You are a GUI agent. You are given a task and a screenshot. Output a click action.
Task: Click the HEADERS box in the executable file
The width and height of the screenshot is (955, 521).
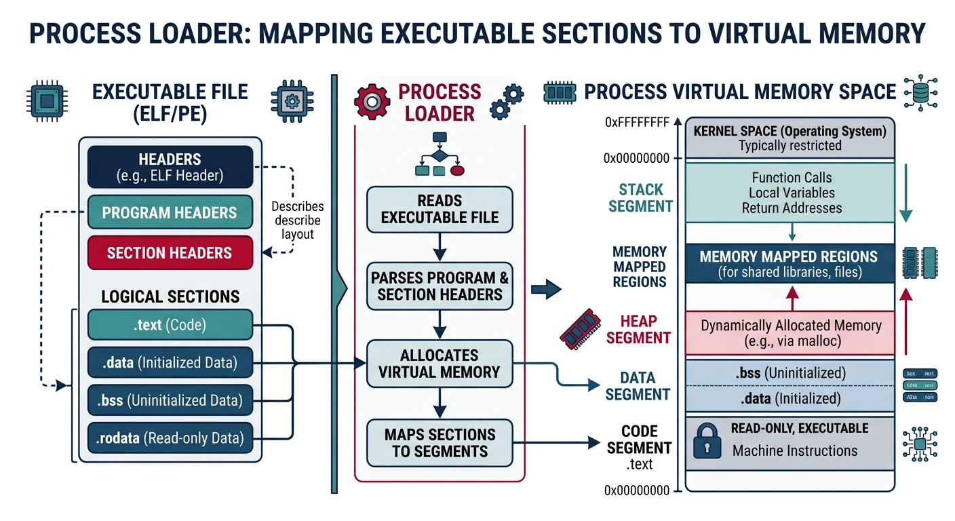[x=170, y=167]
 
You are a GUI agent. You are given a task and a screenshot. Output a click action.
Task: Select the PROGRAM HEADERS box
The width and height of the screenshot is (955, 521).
[x=170, y=212]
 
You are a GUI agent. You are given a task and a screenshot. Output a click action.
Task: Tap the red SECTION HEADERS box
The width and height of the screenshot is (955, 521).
[x=170, y=253]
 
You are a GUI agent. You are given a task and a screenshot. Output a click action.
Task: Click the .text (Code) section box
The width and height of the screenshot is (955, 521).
[x=170, y=325]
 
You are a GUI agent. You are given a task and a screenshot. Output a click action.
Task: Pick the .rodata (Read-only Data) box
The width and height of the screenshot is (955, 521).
[x=170, y=438]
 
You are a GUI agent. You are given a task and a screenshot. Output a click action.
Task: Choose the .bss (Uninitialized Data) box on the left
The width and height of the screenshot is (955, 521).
[x=170, y=400]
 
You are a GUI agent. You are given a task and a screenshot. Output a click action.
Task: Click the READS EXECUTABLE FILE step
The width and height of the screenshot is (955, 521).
[x=440, y=209]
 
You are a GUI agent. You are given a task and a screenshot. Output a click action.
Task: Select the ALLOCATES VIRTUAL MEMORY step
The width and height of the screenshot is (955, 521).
[x=440, y=364]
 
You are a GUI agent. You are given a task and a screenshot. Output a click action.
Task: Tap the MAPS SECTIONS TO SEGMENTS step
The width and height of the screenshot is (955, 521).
[x=440, y=443]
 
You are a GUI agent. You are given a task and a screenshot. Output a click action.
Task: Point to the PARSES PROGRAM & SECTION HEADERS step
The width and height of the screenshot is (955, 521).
[x=440, y=286]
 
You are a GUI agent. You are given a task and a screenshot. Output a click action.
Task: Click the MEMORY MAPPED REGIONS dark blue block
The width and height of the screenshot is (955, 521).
[x=790, y=264]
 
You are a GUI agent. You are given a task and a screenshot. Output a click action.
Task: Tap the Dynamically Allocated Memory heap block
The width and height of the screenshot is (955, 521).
[x=790, y=332]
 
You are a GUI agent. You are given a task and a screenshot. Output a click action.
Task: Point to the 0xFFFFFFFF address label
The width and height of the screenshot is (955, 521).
[x=636, y=123]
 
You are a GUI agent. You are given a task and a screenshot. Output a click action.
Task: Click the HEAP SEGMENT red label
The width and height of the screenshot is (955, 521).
[x=638, y=329]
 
